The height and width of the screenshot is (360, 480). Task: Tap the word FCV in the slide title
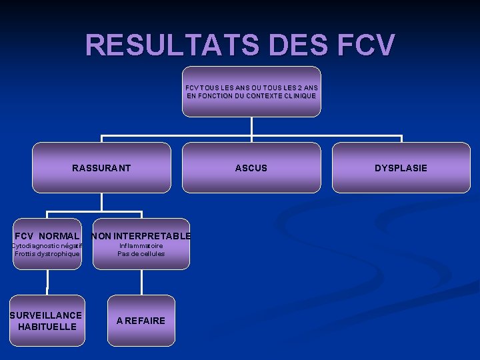pos(366,45)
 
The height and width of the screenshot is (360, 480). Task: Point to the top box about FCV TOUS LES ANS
pos(251,91)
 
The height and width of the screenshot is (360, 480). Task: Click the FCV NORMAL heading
pos(47,236)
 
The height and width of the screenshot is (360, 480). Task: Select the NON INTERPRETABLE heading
pos(141,236)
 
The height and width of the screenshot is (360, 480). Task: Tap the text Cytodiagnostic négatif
pos(47,245)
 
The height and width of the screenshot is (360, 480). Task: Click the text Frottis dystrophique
pos(47,254)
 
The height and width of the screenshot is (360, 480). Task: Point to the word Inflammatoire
pos(141,245)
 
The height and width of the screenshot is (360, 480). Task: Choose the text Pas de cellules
pos(141,254)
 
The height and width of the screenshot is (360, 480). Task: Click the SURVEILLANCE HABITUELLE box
pos(47,321)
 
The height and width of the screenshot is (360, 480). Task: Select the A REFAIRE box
pos(141,321)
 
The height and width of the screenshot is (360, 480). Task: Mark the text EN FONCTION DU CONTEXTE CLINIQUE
pos(251,96)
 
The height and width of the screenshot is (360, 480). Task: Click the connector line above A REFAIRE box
pos(141,283)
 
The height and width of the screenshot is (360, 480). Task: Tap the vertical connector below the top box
pos(251,127)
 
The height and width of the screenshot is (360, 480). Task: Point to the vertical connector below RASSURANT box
pos(101,202)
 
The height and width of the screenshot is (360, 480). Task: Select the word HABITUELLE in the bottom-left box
pos(47,327)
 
